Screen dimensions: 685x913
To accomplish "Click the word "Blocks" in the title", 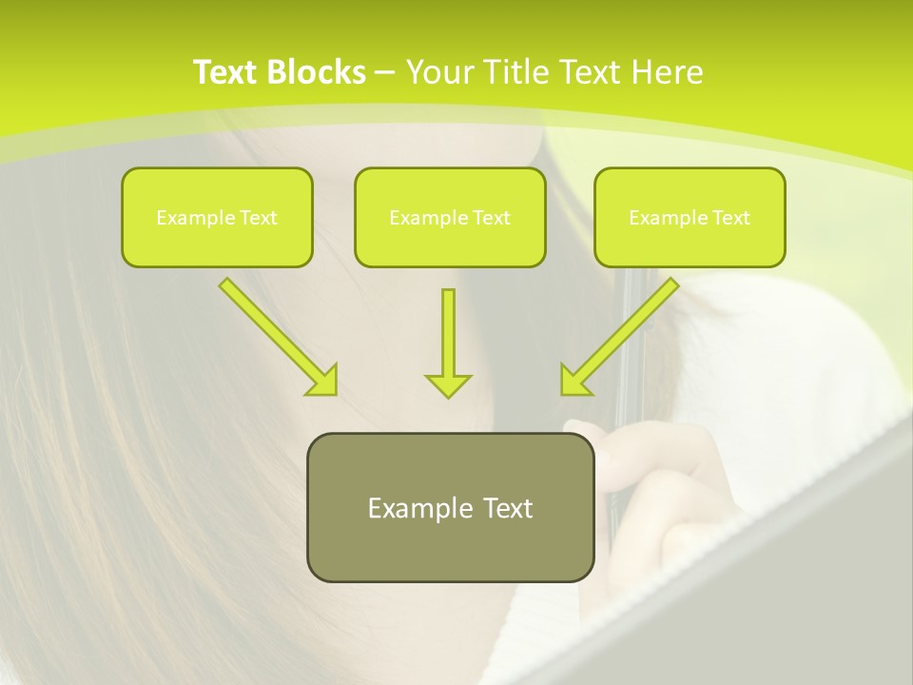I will point(319,72).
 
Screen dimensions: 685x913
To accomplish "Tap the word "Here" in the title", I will point(668,72).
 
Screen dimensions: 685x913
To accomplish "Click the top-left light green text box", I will point(217,217).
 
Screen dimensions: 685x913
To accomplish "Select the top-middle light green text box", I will point(450,217).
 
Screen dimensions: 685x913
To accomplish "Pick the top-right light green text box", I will point(690,217).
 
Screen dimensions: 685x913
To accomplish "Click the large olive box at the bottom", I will point(450,507).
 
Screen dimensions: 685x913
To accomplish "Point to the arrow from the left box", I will point(271,330).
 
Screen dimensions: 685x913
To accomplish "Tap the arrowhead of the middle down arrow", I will point(448,385).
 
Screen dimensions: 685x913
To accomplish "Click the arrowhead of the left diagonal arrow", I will point(323,381).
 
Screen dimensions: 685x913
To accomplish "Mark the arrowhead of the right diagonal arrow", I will point(573,381).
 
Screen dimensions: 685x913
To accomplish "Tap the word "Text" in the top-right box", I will point(731,218).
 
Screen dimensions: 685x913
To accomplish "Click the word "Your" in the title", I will point(437,72).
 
